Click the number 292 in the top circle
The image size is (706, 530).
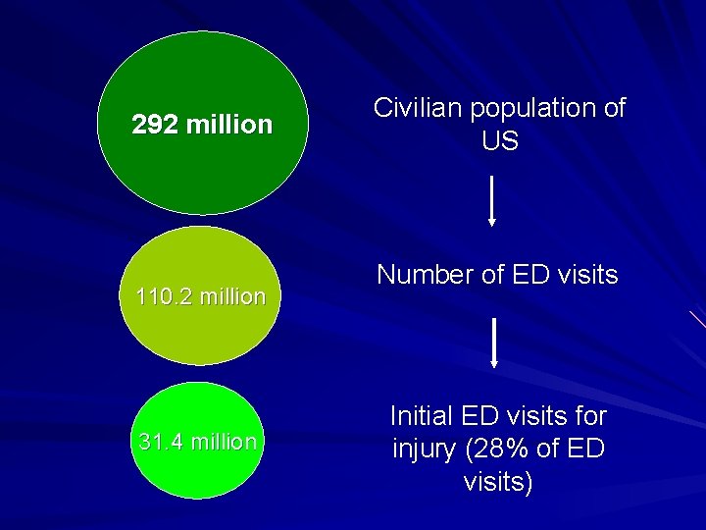pyautogui.click(x=155, y=126)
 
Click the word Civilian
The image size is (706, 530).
pyautogui.click(x=418, y=109)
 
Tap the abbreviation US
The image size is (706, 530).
pyautogui.click(x=499, y=142)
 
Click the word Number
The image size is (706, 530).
pyautogui.click(x=424, y=275)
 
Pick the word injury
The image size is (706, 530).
pyautogui.click(x=428, y=450)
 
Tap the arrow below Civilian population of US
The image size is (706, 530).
pyautogui.click(x=491, y=201)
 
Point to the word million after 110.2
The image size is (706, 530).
pyautogui.click(x=230, y=296)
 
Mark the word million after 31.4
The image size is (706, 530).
pyautogui.click(x=225, y=442)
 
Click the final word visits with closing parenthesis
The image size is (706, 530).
pyautogui.click(x=498, y=483)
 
